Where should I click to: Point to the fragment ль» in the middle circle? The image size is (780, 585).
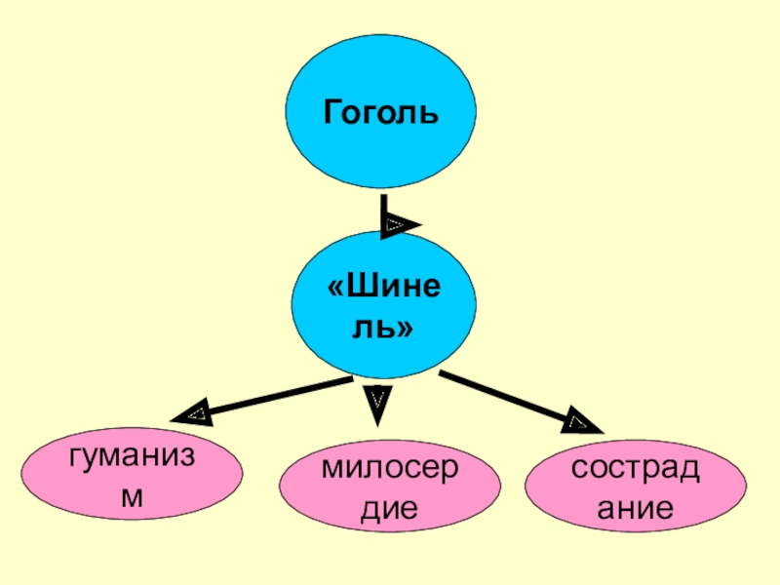[381, 329]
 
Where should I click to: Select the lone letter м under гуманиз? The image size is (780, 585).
[131, 496]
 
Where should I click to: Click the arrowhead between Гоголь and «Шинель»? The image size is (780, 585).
[397, 225]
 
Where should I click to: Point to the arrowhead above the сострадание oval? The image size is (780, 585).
[581, 423]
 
